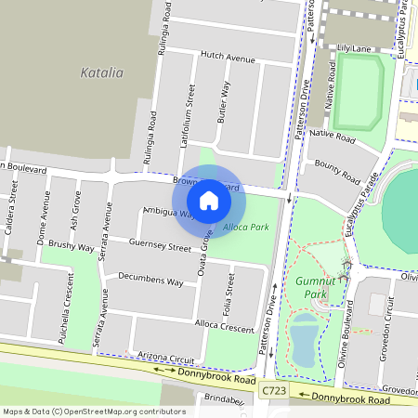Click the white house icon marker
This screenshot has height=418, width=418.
209,200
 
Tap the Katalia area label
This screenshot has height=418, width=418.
102,72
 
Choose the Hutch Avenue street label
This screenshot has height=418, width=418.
228,59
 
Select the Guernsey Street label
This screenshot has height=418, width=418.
161,246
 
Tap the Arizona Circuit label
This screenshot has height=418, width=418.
164,358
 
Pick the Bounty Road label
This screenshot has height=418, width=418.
337,171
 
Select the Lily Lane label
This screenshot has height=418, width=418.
354,46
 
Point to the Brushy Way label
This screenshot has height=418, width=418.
72,247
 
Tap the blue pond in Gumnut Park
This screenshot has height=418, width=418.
304,339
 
